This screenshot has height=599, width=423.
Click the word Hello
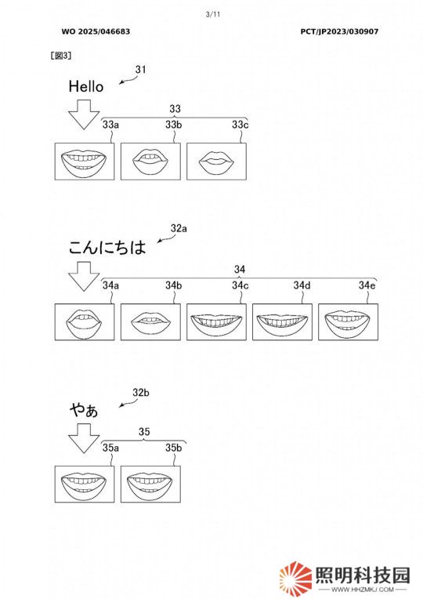[x=86, y=86]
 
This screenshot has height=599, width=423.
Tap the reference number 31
[x=140, y=70]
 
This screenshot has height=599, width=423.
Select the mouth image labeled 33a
[x=85, y=162]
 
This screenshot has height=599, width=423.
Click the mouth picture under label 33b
[x=150, y=162]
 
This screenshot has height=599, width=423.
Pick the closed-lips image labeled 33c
[x=216, y=162]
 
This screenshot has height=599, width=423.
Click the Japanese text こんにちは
[x=107, y=247]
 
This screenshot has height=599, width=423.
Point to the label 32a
[x=179, y=228]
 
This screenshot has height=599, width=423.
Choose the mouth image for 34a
[x=85, y=321]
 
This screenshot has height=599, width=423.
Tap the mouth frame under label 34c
[x=216, y=321]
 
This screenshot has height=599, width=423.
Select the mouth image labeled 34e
[x=348, y=321]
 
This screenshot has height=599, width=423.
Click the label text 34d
[x=302, y=285]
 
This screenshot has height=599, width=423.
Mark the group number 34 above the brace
[x=240, y=270]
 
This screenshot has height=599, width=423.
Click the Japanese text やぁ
[x=84, y=410]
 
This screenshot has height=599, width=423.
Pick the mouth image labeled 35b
[x=150, y=484]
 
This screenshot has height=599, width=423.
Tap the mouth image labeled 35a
[x=85, y=484]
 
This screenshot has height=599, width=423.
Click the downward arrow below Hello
[x=84, y=114]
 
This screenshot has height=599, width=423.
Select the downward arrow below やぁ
[x=84, y=438]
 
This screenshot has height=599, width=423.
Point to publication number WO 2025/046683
[x=96, y=31]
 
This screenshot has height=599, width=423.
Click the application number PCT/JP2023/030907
[x=339, y=31]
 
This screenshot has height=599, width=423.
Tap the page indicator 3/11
[x=213, y=15]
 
